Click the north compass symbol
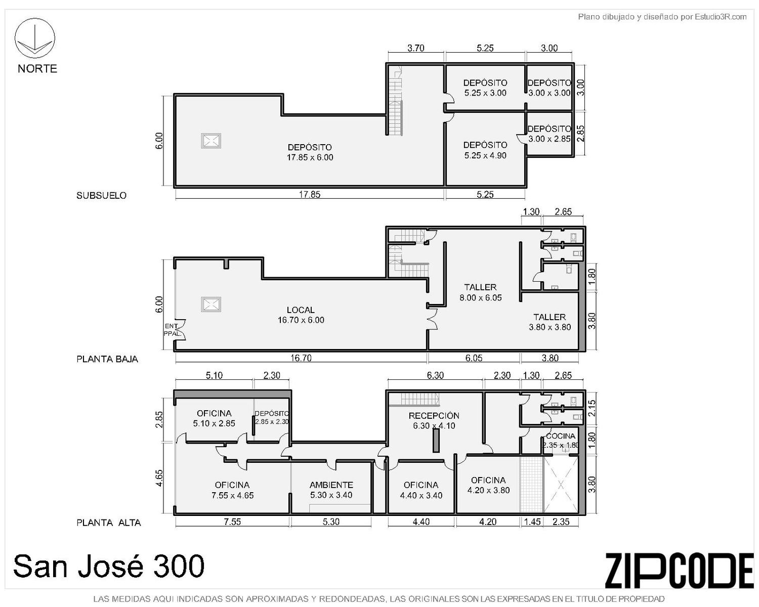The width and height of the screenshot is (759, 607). pos(34,38)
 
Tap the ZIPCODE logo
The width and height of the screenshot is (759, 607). pos(679,570)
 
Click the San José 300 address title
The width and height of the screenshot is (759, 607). pos(109,566)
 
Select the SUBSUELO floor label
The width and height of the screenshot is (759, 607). pos(101,195)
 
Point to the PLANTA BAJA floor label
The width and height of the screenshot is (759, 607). pos(107,359)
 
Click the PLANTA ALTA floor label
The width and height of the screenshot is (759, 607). pos(109,523)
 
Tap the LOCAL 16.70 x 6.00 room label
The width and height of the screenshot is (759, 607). pos(301,315)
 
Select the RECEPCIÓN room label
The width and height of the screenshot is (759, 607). pos(434,420)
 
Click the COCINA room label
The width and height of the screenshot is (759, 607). pos(561,441)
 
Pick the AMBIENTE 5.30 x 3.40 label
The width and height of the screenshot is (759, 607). pos(331,490)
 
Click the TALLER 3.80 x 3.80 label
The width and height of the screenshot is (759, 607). pos(550,322)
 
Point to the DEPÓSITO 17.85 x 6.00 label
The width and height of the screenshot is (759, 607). pos(310,152)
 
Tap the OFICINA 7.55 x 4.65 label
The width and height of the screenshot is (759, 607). pos(232,490)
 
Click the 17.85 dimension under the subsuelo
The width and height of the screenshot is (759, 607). pos(310,194)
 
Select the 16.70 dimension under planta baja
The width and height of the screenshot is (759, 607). pos(301,358)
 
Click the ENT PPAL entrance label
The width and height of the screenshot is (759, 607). pos(172,330)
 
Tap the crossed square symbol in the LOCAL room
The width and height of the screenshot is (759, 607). pos(211,305)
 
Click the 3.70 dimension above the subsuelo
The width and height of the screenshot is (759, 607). pos(416,48)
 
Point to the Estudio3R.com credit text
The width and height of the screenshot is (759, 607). pos(662,17)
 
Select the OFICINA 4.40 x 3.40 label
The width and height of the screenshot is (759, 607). pos(421,490)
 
